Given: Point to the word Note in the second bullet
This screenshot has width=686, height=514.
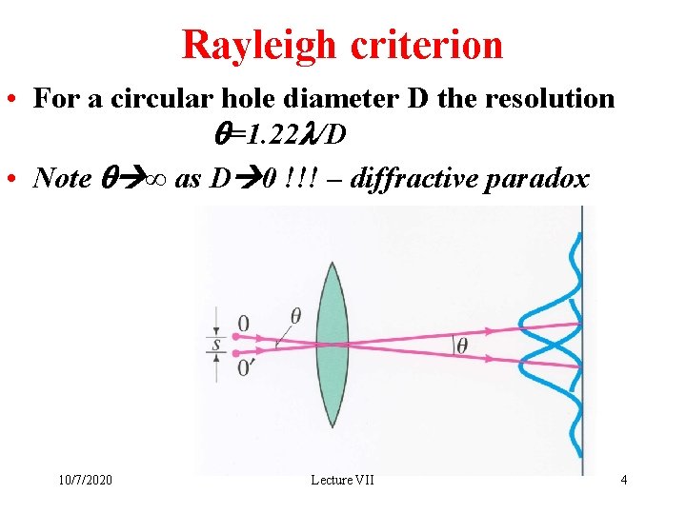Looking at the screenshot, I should coord(62,177).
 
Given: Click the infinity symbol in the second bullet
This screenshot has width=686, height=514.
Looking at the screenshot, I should coord(154,178).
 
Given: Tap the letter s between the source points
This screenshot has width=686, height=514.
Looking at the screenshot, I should coord(217,345).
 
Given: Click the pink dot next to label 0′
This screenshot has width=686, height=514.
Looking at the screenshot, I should coord(236,354).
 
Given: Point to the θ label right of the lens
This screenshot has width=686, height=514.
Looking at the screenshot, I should coord(462,345).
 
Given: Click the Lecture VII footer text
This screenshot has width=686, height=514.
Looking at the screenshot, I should coord(343,480).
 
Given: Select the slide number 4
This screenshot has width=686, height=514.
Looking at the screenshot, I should coord(624,480).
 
